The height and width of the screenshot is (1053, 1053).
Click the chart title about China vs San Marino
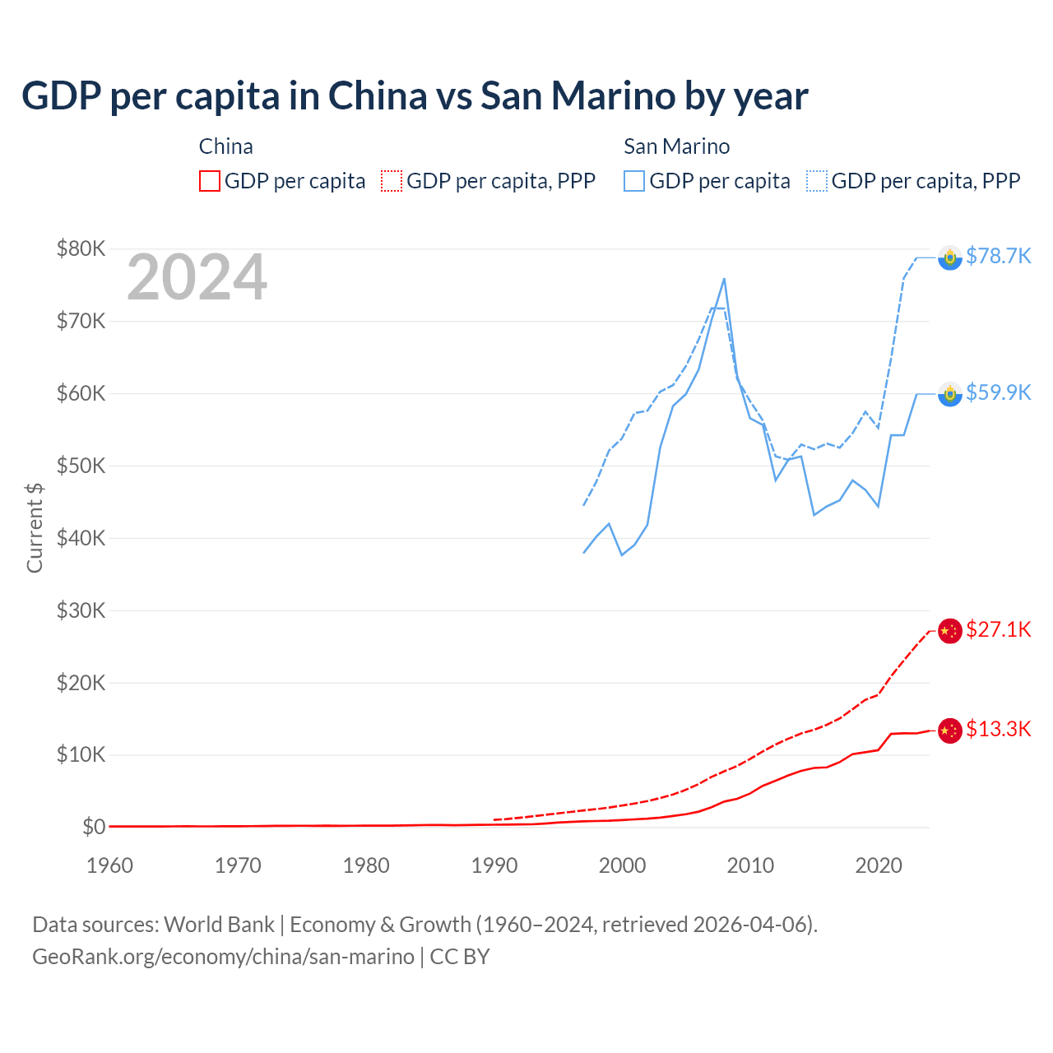(415, 96)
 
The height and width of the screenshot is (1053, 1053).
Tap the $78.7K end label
(998, 257)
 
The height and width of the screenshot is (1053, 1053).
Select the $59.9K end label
(998, 393)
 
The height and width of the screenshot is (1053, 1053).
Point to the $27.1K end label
(998, 630)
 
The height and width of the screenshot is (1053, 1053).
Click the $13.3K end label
(998, 730)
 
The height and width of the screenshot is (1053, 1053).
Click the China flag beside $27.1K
(950, 631)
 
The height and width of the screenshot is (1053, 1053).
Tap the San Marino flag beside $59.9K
(950, 394)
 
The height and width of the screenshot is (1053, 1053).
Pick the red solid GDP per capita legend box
(210, 181)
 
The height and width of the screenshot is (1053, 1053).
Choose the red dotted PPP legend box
(392, 181)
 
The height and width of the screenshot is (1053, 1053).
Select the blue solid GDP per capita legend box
(634, 181)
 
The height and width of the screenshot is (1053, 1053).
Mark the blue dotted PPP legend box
(817, 181)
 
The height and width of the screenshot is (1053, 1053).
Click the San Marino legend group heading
(676, 146)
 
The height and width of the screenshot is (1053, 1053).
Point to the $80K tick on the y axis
(81, 248)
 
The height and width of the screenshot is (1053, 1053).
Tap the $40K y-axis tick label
(81, 538)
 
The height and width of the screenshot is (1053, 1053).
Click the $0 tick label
(94, 827)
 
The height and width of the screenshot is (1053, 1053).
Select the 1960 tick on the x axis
(109, 865)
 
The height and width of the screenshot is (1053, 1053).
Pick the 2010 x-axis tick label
(750, 865)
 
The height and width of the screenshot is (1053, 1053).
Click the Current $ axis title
(35, 527)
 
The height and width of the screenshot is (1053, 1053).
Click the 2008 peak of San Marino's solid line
(724, 278)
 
